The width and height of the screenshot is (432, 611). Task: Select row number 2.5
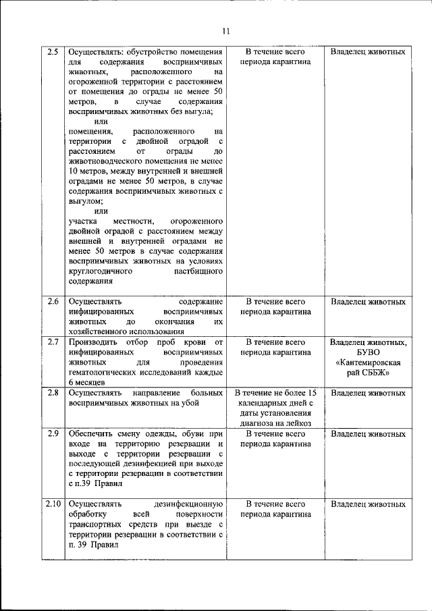(x=53, y=51)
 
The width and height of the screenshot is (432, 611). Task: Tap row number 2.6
(x=53, y=301)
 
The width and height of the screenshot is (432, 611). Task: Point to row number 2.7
(x=53, y=342)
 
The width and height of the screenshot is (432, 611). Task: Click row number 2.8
(x=53, y=392)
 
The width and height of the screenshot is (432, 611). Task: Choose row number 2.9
(x=53, y=433)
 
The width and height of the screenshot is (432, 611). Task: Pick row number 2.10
(x=53, y=504)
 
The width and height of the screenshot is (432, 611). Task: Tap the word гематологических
(x=107, y=372)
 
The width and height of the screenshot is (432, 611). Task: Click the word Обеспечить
(x=94, y=433)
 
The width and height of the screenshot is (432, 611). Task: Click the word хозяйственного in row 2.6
(x=101, y=331)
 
